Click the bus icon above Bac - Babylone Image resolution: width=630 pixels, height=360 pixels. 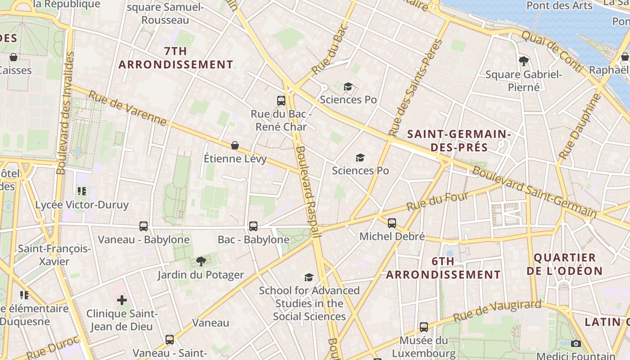(253, 226)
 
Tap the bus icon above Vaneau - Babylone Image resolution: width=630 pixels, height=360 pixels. (144, 226)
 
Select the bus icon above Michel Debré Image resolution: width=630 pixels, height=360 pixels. (392, 223)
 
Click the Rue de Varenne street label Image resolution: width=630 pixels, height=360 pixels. (127, 108)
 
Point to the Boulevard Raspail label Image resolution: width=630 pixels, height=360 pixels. (308, 191)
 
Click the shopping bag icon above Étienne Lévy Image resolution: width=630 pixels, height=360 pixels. (235, 145)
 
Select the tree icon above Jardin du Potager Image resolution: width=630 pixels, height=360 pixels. (201, 261)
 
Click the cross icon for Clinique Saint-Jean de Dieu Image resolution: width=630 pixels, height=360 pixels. (122, 300)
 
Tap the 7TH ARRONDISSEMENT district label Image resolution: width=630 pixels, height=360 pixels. (176, 58)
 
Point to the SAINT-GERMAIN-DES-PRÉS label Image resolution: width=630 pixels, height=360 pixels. (459, 140)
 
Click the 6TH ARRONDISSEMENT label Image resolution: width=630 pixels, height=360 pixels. (443, 268)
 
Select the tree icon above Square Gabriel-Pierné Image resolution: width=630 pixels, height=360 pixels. (523, 60)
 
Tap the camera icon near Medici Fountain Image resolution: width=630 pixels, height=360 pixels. (576, 343)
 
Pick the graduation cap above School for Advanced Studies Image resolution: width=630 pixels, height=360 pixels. (309, 277)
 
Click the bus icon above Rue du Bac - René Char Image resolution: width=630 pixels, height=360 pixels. (281, 100)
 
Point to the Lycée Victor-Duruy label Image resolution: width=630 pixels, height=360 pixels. (82, 205)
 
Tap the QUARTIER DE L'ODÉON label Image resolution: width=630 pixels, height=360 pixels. (564, 264)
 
